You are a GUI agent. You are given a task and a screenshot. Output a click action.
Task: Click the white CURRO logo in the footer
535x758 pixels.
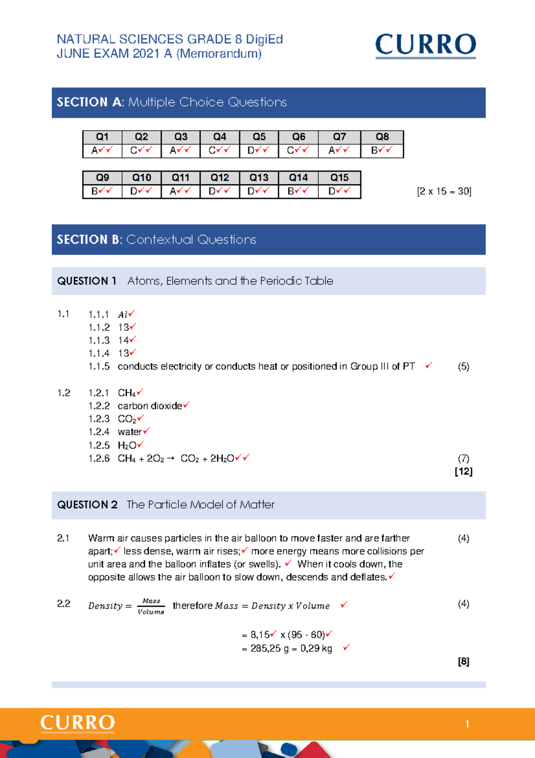click(78, 723)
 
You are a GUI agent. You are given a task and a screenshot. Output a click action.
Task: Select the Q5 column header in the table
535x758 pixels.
click(259, 137)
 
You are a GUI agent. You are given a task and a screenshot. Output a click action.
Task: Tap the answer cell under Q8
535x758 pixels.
click(382, 150)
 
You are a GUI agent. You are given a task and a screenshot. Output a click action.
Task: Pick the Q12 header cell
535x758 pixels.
click(220, 178)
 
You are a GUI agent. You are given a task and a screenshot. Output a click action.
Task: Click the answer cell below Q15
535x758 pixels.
click(339, 191)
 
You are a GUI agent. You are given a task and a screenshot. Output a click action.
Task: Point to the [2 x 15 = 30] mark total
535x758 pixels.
click(444, 192)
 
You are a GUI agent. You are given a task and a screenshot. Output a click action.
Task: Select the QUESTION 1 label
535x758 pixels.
click(86, 281)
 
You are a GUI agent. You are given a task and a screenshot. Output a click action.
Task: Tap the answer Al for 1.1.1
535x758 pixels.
click(123, 315)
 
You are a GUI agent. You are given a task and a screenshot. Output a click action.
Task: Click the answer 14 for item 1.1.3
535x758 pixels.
click(123, 340)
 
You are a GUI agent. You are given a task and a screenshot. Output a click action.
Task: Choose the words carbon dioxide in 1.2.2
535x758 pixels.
click(150, 406)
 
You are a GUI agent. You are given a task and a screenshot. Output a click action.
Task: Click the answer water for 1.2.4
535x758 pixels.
click(129, 432)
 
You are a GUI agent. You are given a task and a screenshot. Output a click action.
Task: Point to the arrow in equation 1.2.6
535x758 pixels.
click(170, 458)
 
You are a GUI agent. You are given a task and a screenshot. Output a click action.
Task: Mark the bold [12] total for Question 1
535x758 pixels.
click(463, 471)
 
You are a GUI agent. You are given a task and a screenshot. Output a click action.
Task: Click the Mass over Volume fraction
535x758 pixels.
click(151, 606)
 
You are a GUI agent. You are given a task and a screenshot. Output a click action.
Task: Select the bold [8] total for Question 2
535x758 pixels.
click(463, 662)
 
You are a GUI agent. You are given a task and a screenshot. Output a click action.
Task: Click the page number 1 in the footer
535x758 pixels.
click(467, 724)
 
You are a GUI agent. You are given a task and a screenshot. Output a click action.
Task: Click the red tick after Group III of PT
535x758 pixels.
click(428, 366)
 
